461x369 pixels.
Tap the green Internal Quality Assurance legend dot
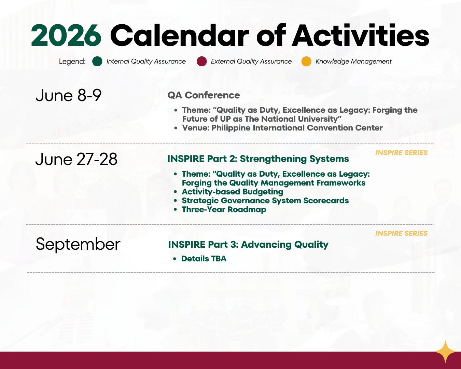[x=97, y=61]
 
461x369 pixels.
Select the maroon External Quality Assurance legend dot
[x=201, y=61]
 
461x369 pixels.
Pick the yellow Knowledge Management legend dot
[x=306, y=61]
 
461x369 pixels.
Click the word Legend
[x=72, y=61]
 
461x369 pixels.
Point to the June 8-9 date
[x=69, y=95]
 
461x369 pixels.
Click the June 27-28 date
[x=76, y=159]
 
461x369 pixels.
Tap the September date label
[x=78, y=244]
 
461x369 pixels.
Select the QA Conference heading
[x=204, y=95]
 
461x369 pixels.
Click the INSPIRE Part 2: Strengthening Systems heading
[x=258, y=159]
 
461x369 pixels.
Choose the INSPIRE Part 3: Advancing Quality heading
[x=248, y=245]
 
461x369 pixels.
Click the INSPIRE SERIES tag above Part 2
[x=402, y=153]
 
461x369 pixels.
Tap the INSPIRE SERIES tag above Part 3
[x=402, y=233]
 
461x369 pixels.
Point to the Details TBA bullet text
[x=204, y=259]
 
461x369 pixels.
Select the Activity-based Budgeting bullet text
[x=233, y=192]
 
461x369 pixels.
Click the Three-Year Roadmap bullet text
[x=224, y=209]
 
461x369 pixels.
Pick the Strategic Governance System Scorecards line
[x=265, y=201]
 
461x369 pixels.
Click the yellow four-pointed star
[x=445, y=352]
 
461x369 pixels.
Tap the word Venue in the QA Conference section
[x=196, y=128]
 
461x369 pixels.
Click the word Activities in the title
[x=361, y=36]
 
